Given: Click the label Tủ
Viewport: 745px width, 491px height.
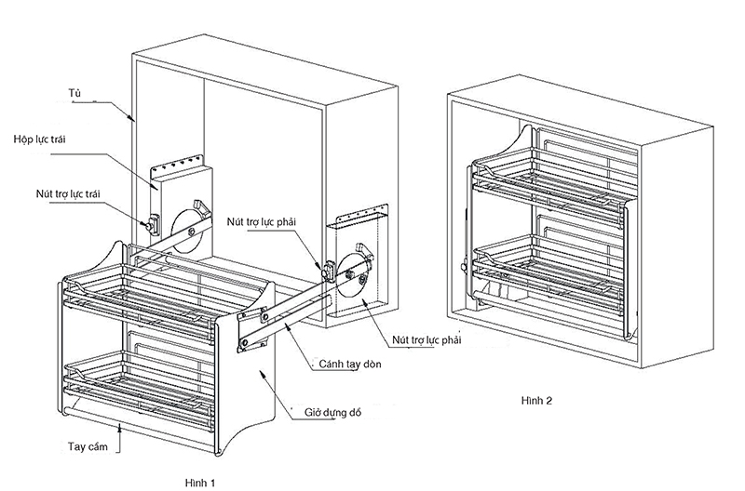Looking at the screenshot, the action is pos(74,93).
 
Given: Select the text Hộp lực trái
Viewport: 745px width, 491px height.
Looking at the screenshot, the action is pos(39,139).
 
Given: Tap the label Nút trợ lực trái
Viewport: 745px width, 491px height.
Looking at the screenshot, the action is pos(68,193).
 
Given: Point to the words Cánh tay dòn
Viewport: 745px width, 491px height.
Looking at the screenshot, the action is pos(350,364).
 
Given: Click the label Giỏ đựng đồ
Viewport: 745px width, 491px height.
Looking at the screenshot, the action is pos(332,412).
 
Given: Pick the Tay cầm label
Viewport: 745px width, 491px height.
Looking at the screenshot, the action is pos(88,446).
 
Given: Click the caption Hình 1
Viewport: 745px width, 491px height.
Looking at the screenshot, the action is pos(200,483).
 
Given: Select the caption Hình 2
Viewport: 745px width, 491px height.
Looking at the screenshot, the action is pos(537,401).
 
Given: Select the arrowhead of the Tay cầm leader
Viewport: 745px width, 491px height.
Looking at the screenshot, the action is pos(119,429).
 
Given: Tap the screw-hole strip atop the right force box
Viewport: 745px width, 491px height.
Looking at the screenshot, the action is pos(362,213).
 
